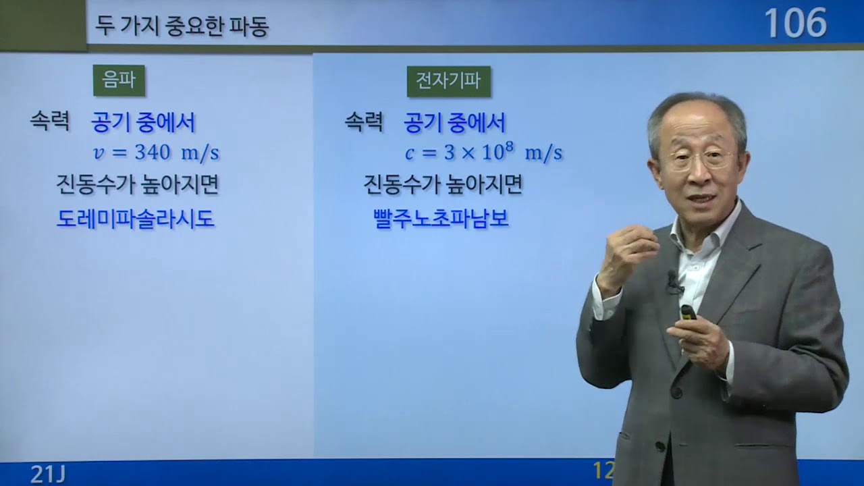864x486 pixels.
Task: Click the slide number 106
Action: tap(795, 24)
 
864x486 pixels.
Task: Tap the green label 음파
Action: tap(119, 80)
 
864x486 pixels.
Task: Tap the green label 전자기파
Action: tap(448, 81)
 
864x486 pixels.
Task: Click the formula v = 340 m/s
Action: tap(156, 153)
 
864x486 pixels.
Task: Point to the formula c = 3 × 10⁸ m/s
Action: tap(483, 153)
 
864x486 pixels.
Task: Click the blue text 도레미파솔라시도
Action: tap(136, 219)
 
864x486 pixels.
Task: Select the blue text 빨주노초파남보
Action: tap(441, 219)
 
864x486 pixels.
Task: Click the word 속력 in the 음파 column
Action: tap(50, 122)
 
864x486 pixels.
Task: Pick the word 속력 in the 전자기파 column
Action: tap(364, 122)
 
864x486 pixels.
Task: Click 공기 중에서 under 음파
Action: tap(143, 123)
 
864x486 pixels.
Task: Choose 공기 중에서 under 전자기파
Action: tap(454, 123)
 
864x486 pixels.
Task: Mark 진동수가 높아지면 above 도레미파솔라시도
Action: tap(138, 184)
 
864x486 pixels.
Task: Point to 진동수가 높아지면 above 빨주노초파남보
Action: tap(443, 184)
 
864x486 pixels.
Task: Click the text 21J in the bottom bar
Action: tap(47, 474)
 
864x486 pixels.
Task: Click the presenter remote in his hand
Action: tap(688, 313)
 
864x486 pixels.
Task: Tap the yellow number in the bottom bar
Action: tap(603, 470)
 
